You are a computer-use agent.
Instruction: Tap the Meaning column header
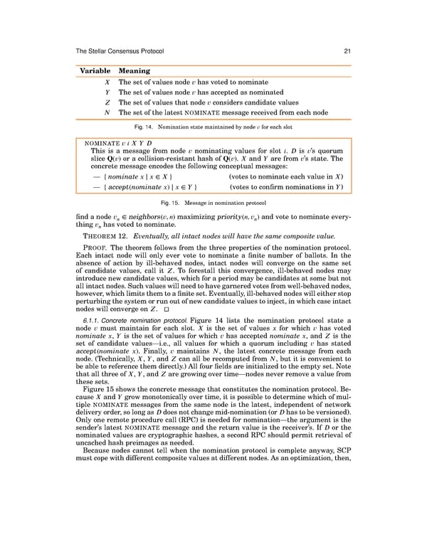(134, 71)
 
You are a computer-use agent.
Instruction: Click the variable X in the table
(106, 83)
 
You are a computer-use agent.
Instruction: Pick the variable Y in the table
(106, 92)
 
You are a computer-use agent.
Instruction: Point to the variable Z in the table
(106, 102)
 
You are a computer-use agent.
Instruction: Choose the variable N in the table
(106, 112)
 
